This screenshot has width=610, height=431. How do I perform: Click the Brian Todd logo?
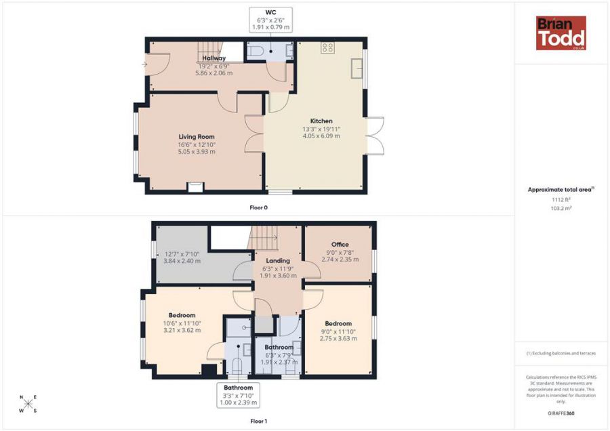[561, 33]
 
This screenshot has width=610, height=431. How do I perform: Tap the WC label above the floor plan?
[270, 12]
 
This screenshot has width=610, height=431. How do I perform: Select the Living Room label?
[197, 136]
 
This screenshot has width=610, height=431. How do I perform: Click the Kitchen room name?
[321, 121]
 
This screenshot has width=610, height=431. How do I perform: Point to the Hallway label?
[214, 58]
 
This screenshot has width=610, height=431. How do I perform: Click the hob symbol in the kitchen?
[327, 48]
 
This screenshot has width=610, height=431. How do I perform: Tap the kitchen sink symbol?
[357, 69]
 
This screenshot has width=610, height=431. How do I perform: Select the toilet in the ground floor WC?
[256, 51]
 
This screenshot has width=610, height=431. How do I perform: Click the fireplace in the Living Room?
[195, 187]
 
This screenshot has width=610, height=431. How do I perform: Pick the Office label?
[340, 244]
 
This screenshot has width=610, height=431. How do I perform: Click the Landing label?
[278, 261]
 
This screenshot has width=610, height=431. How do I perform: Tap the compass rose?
[28, 404]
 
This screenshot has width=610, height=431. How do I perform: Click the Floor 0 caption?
[259, 208]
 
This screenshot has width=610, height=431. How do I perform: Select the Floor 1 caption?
[259, 421]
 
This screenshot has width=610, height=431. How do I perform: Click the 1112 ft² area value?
[561, 199]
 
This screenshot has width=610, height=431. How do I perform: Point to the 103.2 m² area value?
[561, 208]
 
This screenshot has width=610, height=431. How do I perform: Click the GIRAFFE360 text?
[561, 413]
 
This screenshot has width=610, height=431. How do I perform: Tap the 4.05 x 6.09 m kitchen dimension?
[321, 136]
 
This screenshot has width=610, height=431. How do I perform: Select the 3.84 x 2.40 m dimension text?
[182, 261]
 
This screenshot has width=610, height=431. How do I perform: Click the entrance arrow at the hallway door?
[145, 64]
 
